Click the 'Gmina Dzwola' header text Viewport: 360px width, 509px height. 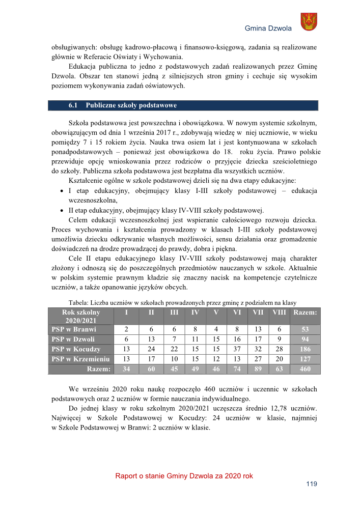tap(268, 28)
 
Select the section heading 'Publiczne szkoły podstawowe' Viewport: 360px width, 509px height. tap(131, 105)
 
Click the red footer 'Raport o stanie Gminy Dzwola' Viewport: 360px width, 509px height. tap(184, 476)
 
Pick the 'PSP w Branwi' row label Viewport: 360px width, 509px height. tap(74, 329)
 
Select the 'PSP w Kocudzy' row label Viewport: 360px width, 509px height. tap(76, 349)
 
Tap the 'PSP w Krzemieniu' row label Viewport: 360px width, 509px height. tap(80, 359)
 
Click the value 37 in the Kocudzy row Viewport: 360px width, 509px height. tap(237, 349)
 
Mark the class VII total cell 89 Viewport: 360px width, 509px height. tap(258, 369)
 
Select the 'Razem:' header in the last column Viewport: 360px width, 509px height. tap(303, 312)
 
